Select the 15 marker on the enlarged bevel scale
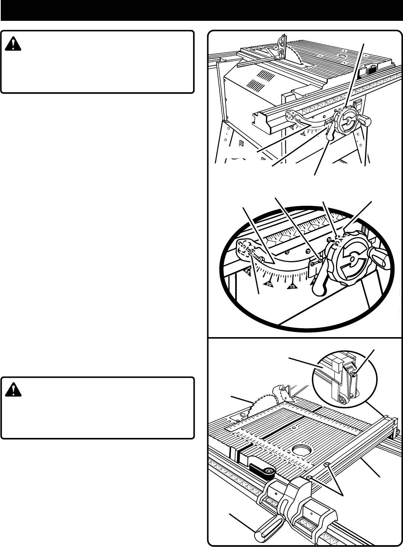click(x=292, y=286)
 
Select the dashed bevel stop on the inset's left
click(x=246, y=250)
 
